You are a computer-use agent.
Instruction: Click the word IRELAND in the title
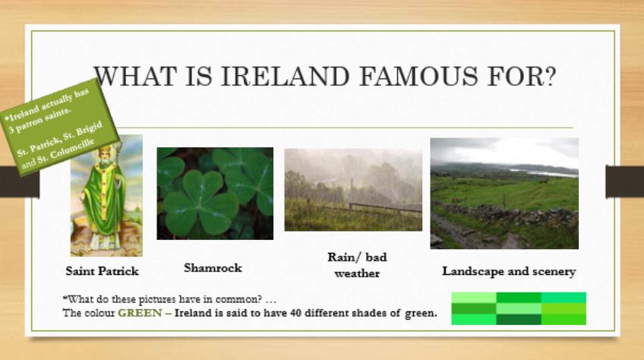click(x=285, y=77)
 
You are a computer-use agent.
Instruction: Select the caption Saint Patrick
click(x=103, y=271)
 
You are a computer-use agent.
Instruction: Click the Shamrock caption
click(x=213, y=268)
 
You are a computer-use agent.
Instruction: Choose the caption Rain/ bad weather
click(x=357, y=265)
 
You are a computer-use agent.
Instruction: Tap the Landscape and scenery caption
click(x=509, y=271)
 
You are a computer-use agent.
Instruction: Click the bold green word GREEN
click(x=140, y=313)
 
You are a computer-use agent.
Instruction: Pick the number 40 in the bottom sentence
click(x=295, y=313)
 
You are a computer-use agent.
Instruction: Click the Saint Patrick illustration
click(x=107, y=196)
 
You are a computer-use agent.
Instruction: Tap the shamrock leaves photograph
click(x=215, y=194)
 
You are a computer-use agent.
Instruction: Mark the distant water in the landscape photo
click(x=542, y=172)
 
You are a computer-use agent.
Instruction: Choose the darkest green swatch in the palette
click(x=519, y=320)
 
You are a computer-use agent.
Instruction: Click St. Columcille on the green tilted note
click(x=66, y=152)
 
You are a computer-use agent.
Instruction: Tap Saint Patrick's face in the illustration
click(x=104, y=158)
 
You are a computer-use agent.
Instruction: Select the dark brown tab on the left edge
click(x=19, y=182)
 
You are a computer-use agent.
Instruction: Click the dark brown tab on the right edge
click(x=625, y=182)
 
